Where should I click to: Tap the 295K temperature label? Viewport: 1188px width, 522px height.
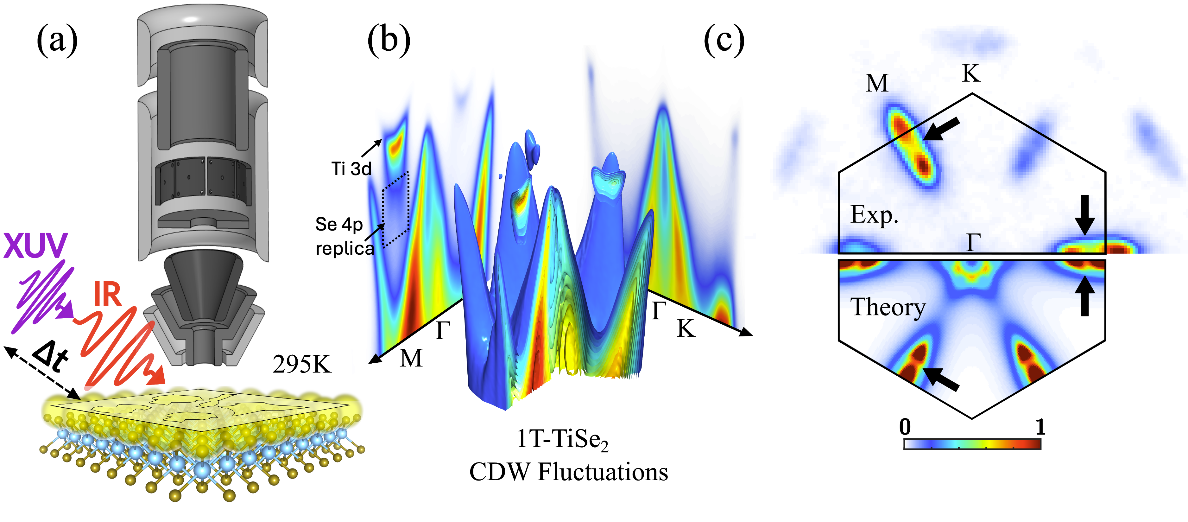[x=302, y=365]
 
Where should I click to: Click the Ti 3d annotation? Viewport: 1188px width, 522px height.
[x=351, y=169]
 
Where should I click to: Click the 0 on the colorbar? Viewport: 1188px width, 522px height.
[x=905, y=427]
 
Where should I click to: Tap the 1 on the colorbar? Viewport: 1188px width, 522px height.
[x=1040, y=427]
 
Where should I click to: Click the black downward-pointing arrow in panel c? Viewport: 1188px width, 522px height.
[x=1085, y=215]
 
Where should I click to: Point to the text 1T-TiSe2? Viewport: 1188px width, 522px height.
[x=563, y=439]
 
